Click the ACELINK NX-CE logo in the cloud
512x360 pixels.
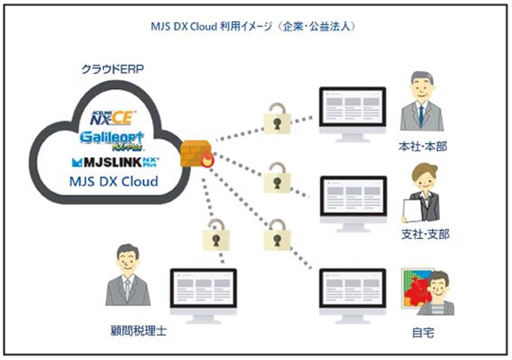(113, 116)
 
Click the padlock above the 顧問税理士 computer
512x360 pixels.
(216, 237)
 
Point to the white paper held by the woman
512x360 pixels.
(413, 211)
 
